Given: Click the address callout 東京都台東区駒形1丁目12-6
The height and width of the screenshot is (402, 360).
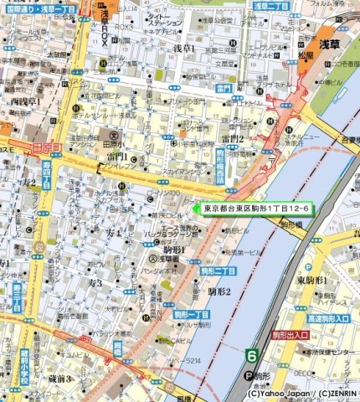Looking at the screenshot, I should (x=256, y=207).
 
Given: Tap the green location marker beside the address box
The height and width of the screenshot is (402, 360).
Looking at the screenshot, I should (x=197, y=207).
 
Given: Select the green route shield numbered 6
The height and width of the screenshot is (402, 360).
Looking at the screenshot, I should (x=250, y=355).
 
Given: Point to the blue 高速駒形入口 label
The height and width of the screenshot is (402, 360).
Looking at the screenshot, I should (x=327, y=319).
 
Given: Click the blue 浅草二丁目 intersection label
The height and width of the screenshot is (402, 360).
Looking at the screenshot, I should (x=271, y=6).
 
